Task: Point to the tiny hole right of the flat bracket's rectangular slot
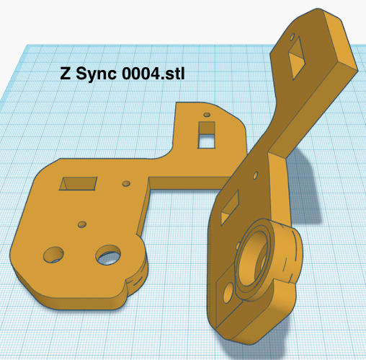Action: [126, 184]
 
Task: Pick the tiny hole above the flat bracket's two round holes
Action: [82, 224]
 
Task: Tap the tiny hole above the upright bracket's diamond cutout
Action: [291, 34]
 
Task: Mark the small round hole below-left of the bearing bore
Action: [229, 292]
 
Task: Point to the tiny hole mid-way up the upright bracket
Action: [254, 173]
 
